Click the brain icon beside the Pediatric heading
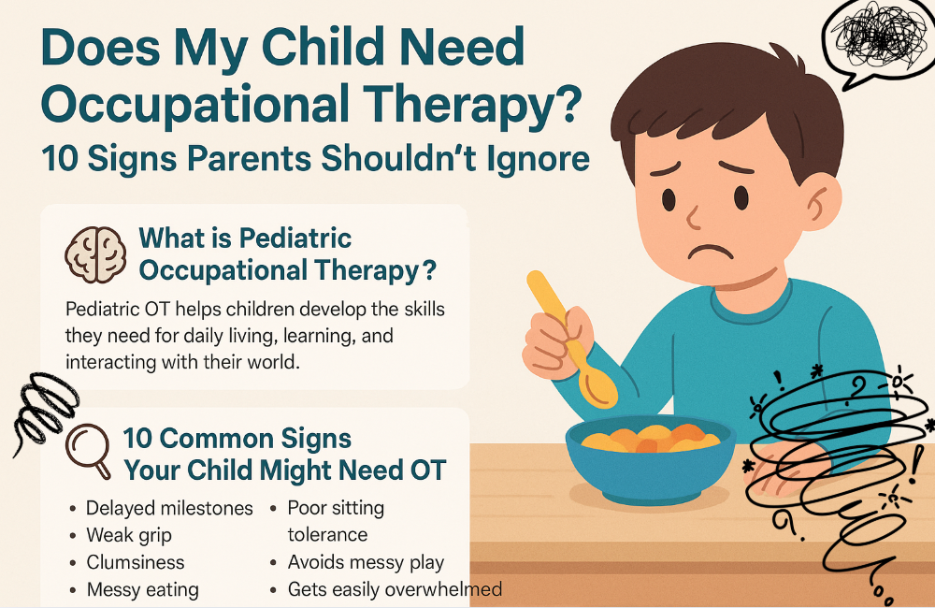tap(94, 253)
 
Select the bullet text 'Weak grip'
tap(129, 535)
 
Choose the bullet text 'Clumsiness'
tap(136, 562)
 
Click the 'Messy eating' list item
tap(142, 589)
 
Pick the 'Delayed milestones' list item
tap(169, 508)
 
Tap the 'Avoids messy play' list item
tap(366, 562)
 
